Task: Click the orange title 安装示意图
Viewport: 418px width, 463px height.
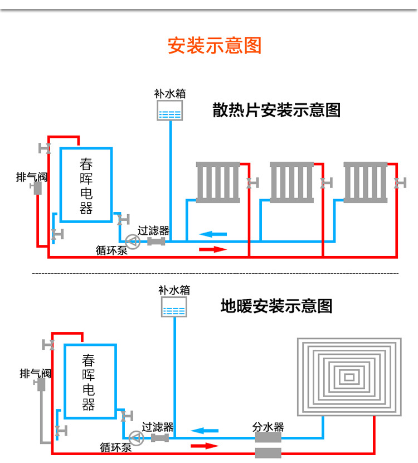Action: click(x=215, y=45)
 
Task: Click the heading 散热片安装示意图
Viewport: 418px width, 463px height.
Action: click(x=276, y=110)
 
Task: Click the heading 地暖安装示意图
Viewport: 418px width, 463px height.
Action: click(x=276, y=306)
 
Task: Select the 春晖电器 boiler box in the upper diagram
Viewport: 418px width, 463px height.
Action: click(x=86, y=185)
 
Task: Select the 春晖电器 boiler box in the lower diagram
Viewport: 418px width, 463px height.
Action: click(x=89, y=382)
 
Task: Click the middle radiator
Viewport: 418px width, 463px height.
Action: click(x=291, y=182)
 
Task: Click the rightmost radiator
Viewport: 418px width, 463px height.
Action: click(x=365, y=182)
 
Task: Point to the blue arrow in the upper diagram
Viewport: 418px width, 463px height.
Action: click(x=213, y=234)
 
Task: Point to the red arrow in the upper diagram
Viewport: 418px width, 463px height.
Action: click(x=213, y=249)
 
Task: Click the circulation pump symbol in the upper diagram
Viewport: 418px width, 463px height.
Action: click(x=133, y=242)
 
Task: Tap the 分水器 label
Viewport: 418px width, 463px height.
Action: click(x=268, y=427)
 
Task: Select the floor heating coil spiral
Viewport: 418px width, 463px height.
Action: click(x=349, y=377)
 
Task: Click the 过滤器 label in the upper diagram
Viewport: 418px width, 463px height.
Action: click(x=153, y=230)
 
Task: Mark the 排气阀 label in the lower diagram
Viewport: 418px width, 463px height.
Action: click(x=35, y=373)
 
